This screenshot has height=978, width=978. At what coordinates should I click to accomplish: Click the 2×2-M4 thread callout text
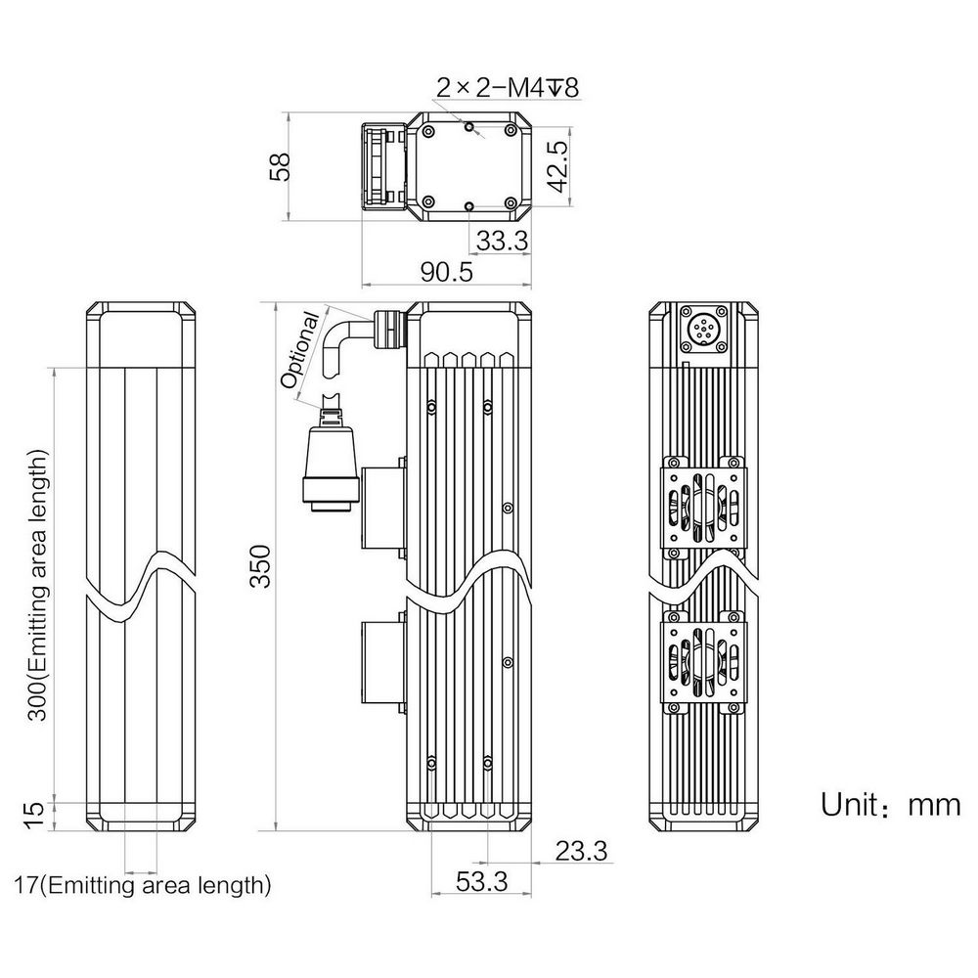[508, 87]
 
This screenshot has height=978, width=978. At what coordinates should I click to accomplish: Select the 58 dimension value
[282, 166]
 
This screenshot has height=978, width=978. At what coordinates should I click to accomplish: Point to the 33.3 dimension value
[502, 241]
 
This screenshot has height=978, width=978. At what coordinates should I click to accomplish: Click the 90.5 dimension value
[447, 271]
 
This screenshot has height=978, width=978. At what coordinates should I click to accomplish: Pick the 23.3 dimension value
[581, 850]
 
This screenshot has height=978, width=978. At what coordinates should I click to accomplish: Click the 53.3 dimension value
[481, 881]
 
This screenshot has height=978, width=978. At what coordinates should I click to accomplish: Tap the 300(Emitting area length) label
[37, 585]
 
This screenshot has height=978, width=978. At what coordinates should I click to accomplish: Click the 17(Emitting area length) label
[143, 884]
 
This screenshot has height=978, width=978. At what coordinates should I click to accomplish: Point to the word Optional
[301, 349]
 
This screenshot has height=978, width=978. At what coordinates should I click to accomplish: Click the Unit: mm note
[890, 805]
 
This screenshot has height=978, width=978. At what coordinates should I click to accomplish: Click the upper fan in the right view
[703, 507]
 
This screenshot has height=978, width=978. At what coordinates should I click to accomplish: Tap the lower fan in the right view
[703, 662]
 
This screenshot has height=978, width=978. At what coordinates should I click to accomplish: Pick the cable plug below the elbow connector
[331, 457]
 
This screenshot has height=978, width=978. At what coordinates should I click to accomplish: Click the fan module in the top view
[384, 166]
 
